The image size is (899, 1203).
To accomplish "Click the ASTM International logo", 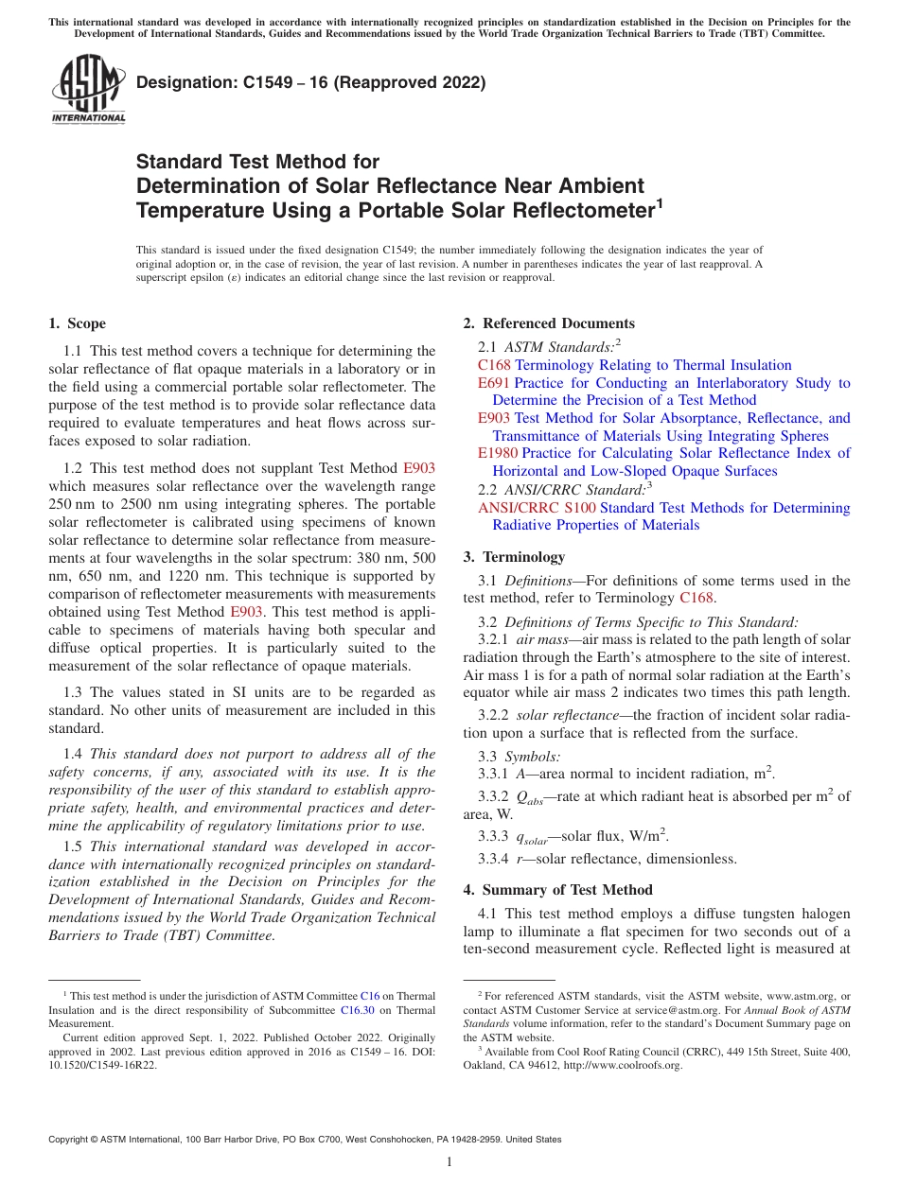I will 88,90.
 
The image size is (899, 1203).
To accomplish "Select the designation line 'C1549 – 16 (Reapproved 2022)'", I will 310,83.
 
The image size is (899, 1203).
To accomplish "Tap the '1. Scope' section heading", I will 78,323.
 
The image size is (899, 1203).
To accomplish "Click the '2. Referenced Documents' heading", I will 549,323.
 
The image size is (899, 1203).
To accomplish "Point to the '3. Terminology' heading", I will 514,557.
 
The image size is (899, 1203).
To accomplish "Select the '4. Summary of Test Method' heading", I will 557,890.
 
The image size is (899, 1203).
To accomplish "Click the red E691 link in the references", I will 494,383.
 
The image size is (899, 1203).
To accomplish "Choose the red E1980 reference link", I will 498,453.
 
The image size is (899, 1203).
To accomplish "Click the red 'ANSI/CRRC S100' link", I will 537,508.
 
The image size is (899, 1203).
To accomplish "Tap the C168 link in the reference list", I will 494,365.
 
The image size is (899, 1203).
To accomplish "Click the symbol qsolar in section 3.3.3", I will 530,836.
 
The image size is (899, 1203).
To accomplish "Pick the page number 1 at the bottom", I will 449,1161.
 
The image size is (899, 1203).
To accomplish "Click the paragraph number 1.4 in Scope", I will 73,754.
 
